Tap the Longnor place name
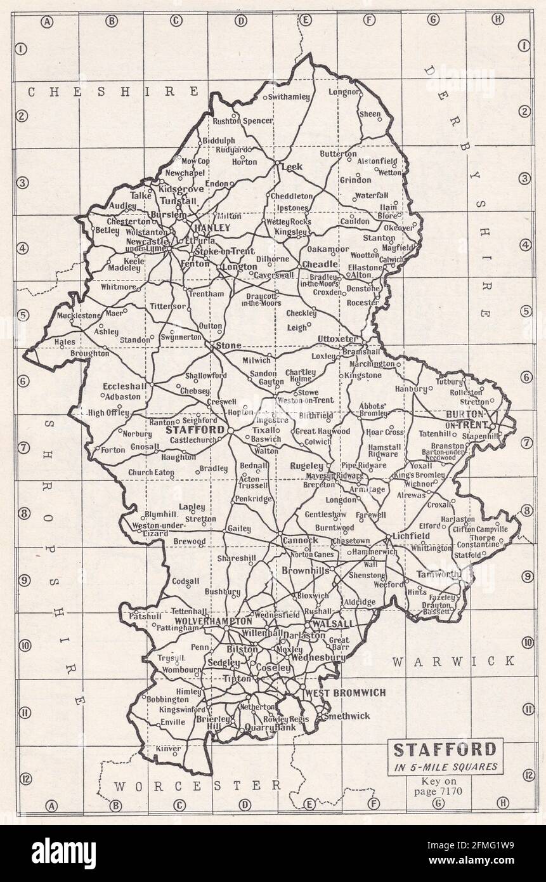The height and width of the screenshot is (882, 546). [343, 92]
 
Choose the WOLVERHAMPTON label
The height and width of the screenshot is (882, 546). [204, 621]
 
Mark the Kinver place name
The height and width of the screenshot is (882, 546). [168, 749]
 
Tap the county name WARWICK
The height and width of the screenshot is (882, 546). [453, 662]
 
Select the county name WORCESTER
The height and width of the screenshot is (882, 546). [197, 786]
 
